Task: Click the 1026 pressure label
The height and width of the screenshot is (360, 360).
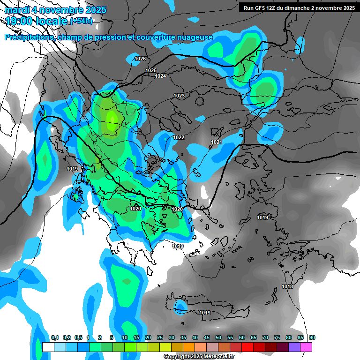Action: point(140,59)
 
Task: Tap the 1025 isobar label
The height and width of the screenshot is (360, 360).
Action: point(151,70)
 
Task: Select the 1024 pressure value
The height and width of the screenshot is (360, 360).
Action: point(160,76)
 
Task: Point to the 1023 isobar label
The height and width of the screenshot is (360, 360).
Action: point(179,96)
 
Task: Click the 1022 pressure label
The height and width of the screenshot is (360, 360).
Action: point(179,137)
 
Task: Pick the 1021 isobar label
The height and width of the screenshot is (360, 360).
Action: point(216,142)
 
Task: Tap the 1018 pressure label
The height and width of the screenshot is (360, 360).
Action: point(287,286)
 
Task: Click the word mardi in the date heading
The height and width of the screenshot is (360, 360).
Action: point(17,10)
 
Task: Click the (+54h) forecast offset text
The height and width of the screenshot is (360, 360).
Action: point(81,21)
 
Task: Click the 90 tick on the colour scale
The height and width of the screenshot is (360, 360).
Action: point(312,337)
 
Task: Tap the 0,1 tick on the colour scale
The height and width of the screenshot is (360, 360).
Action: point(55,337)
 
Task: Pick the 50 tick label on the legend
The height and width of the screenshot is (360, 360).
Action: point(218,337)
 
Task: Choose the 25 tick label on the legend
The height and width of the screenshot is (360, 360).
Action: point(160,337)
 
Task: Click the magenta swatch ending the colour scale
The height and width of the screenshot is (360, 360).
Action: point(306,347)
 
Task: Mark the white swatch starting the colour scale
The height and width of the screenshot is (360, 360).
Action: point(48,347)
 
